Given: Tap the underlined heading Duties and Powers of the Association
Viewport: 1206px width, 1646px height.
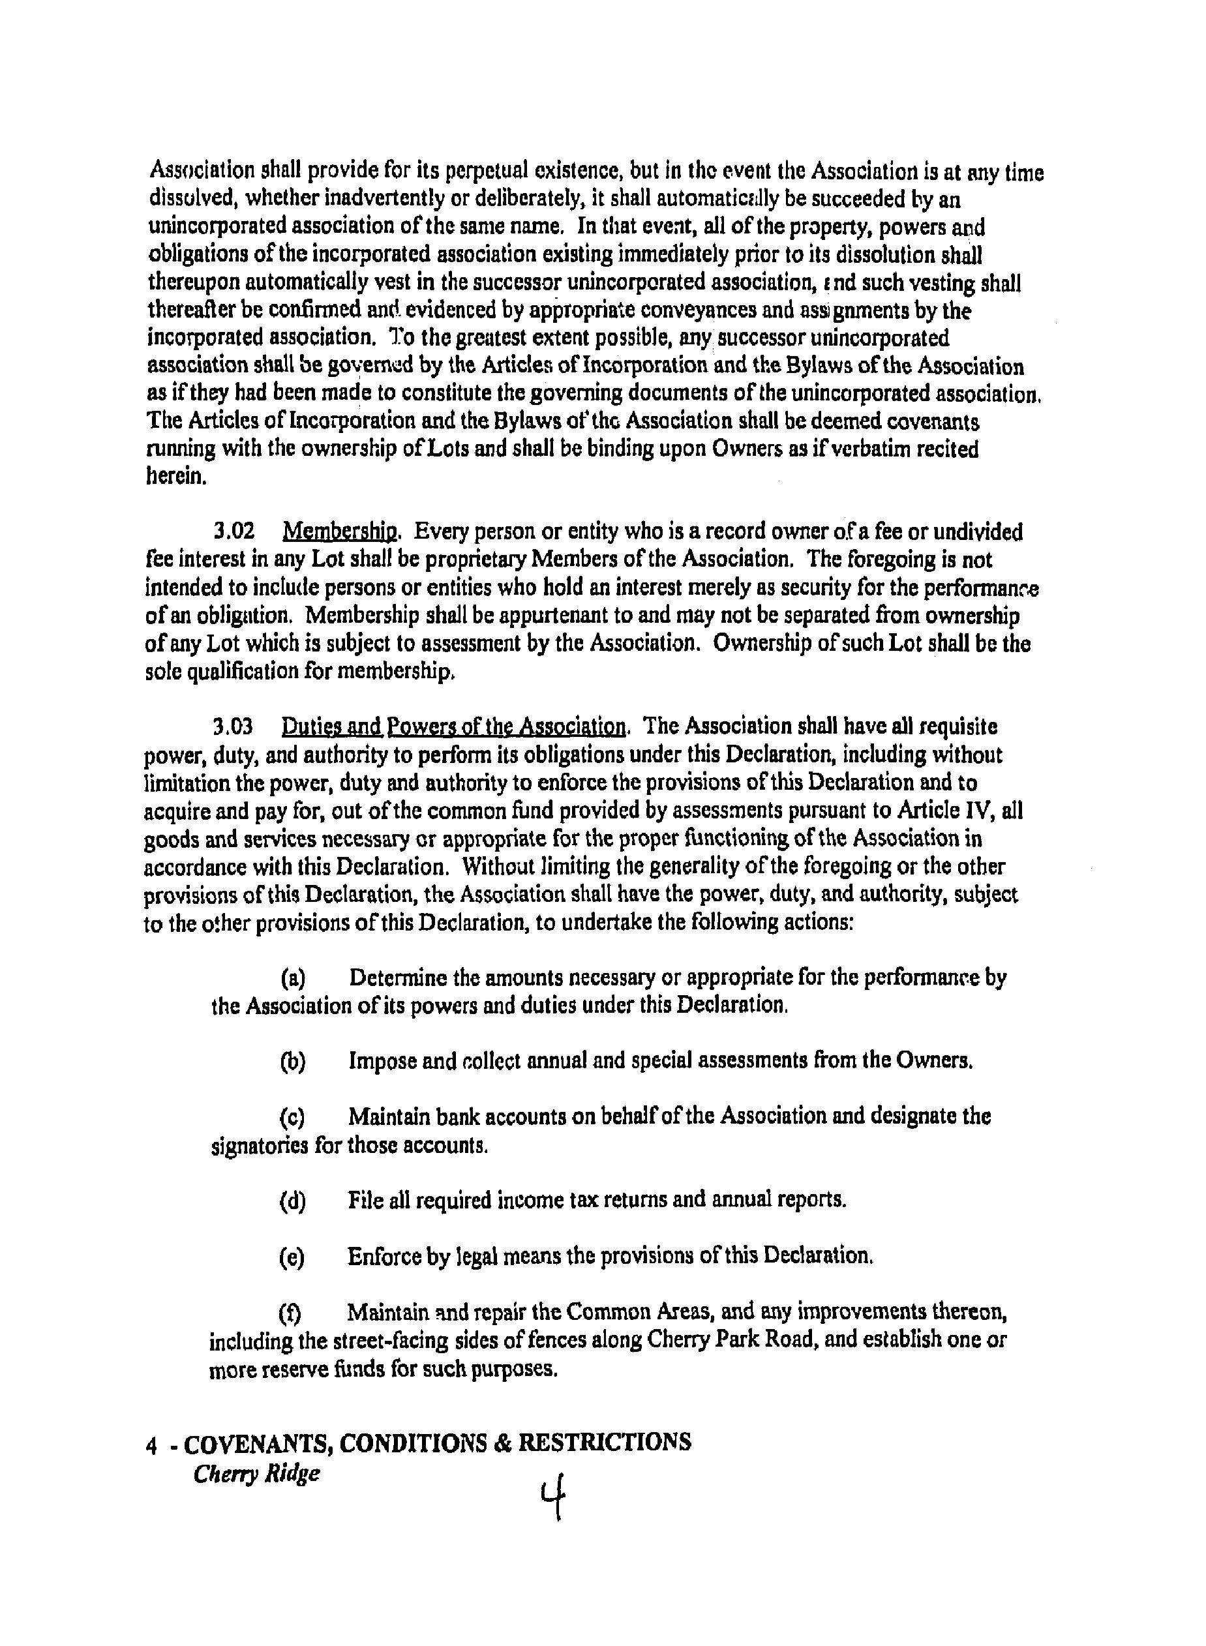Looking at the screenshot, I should point(453,726).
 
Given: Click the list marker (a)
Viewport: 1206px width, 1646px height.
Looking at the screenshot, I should point(293,978).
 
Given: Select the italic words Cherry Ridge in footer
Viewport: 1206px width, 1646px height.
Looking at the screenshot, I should point(257,1473).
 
